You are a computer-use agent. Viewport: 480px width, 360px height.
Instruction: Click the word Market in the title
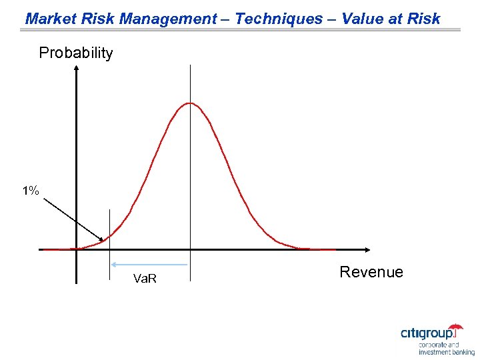46,19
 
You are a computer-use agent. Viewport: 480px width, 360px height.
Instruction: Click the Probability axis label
76,53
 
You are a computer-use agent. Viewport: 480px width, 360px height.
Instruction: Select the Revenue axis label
371,272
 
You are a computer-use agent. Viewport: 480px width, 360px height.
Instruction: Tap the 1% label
30,191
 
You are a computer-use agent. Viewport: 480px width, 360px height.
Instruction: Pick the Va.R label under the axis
145,278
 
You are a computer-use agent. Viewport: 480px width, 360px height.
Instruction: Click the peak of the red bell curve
190,103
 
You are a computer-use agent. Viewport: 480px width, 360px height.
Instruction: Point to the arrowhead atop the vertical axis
77,68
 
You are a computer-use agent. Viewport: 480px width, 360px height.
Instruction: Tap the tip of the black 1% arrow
105,241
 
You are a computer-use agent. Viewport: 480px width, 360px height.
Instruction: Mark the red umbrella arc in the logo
456,327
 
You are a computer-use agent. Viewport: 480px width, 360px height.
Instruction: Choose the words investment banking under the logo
447,352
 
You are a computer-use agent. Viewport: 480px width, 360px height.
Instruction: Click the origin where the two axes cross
77,250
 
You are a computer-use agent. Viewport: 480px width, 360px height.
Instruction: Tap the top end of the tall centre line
190,65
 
